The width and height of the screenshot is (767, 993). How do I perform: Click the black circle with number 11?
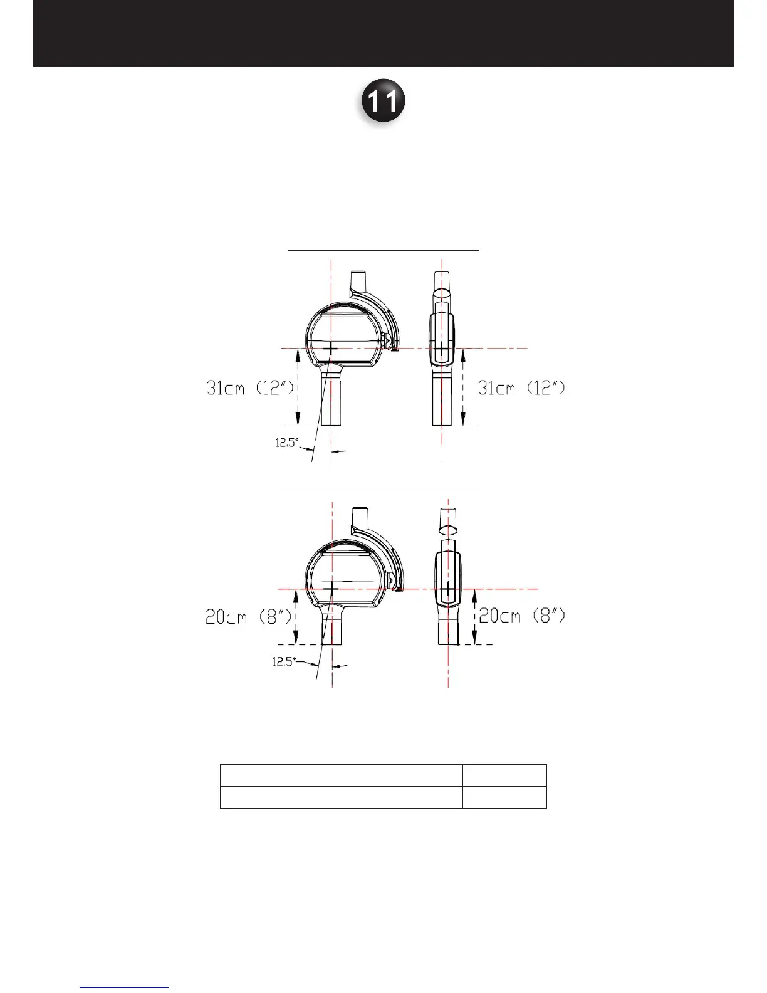[x=383, y=100]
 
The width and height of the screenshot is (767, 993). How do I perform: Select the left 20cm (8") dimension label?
[x=249, y=617]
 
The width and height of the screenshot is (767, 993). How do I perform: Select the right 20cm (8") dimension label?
[x=522, y=616]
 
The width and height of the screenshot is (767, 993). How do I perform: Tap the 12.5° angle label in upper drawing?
[x=287, y=443]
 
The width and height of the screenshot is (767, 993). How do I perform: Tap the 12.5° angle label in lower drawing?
[x=284, y=662]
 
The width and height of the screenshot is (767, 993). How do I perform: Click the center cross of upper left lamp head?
[x=331, y=348]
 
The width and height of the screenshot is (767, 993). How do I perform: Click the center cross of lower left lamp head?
[x=332, y=589]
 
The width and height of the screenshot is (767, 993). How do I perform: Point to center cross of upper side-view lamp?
[x=442, y=348]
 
